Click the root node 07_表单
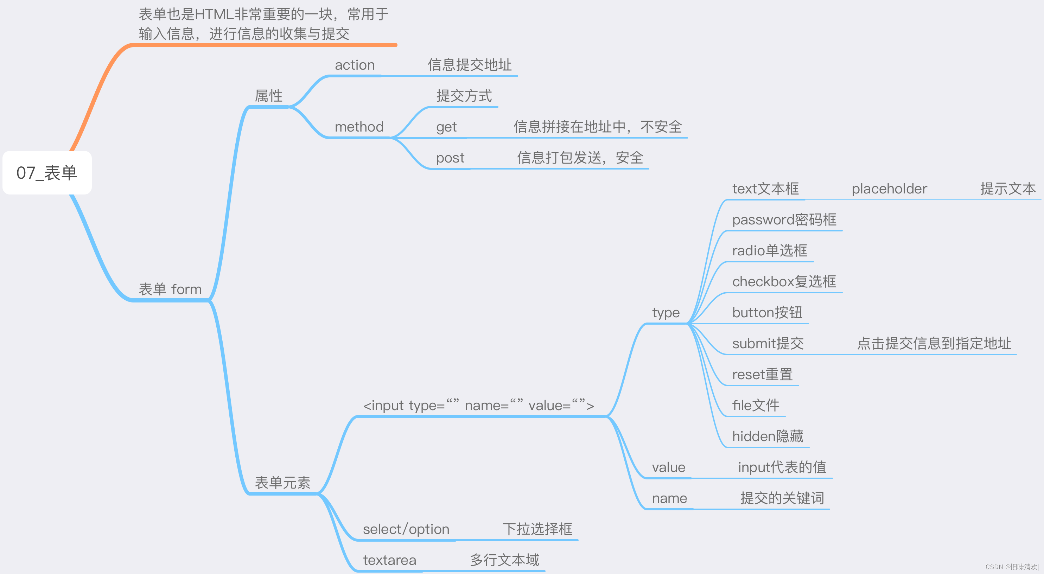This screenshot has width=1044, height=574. point(47,173)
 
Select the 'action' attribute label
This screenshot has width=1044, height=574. point(355,65)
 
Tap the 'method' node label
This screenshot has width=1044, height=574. point(359,127)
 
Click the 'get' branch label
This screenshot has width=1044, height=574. point(446,127)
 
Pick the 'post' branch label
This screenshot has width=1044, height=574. point(450,158)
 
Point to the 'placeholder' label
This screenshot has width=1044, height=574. point(889,189)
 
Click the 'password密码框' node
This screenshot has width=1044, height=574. point(784,220)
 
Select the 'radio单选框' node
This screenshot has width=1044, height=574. point(769,250)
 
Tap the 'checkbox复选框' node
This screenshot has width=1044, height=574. point(784,281)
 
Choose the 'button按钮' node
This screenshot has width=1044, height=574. point(767,313)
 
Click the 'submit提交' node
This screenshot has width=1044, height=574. point(768,343)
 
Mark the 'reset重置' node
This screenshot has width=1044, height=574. point(762,374)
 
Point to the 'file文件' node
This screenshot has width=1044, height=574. point(756,405)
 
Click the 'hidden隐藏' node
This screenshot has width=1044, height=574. point(767,436)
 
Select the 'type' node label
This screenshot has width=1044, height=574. point(666,313)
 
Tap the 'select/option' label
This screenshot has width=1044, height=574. point(406,529)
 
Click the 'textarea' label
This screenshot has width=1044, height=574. point(389,560)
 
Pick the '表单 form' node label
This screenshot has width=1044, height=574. point(170,289)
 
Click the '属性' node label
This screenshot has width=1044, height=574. point(268,96)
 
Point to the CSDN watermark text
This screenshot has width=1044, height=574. point(1012,567)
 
